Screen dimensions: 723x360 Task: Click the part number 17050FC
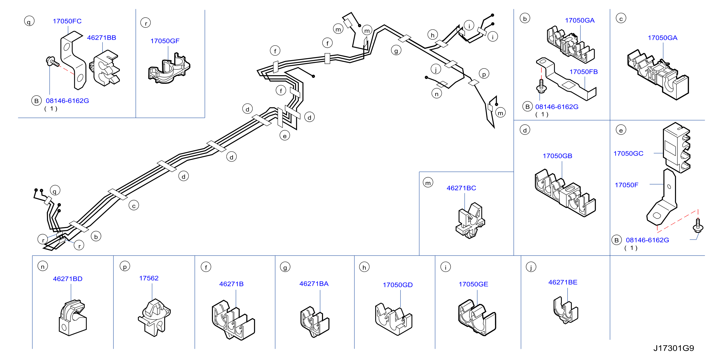(67, 21)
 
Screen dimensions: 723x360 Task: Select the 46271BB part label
(102, 38)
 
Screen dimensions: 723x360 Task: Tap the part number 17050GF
(165, 41)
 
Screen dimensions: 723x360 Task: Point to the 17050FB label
(584, 72)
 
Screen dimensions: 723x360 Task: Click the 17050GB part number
(557, 156)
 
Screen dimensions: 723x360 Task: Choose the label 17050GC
(628, 154)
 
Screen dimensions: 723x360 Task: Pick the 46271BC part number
(461, 188)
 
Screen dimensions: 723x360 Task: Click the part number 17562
(149, 278)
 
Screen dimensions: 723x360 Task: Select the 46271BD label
(68, 279)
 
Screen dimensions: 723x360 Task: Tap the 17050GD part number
(398, 285)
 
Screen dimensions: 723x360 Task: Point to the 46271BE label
(563, 282)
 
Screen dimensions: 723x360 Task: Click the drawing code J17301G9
(674, 348)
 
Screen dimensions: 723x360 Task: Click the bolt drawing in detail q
(52, 62)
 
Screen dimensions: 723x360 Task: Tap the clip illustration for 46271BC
(470, 221)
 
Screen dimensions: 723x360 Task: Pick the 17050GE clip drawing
(477, 318)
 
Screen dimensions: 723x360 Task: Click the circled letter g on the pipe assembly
(396, 51)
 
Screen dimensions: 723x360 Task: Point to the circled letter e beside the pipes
(285, 136)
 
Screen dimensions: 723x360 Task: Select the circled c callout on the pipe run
(134, 205)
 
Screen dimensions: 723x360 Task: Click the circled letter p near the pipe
(484, 74)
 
